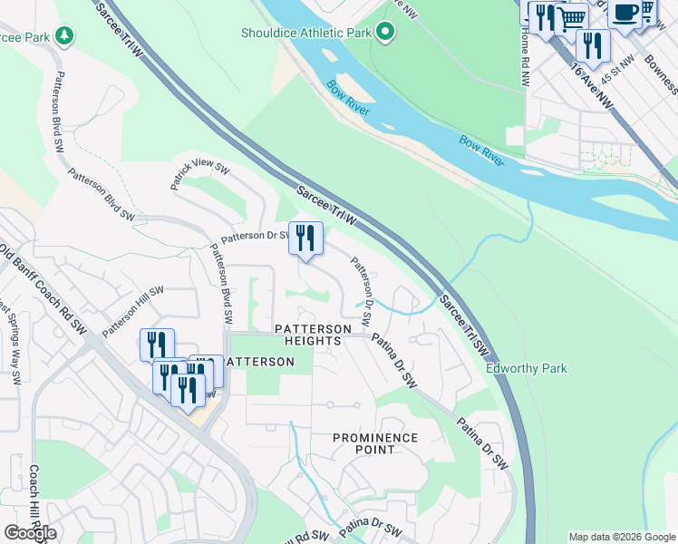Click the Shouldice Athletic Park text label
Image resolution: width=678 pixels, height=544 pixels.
[306, 34]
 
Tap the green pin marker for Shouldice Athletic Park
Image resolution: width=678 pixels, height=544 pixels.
[386, 34]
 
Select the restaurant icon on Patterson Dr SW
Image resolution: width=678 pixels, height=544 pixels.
[305, 238]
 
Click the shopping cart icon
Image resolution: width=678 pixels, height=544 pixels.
[570, 18]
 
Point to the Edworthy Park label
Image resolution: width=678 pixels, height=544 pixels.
[527, 369]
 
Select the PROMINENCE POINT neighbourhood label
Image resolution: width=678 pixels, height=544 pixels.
[375, 444]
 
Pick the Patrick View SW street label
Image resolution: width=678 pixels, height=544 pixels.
[200, 169]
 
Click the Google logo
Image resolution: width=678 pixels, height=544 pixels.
[30, 533]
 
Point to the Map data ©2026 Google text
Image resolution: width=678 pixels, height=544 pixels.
[622, 537]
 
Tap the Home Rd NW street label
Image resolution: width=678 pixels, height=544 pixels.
[525, 59]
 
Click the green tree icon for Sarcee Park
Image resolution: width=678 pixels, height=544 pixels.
[64, 35]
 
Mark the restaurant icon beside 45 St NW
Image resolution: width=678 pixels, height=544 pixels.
[592, 45]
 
